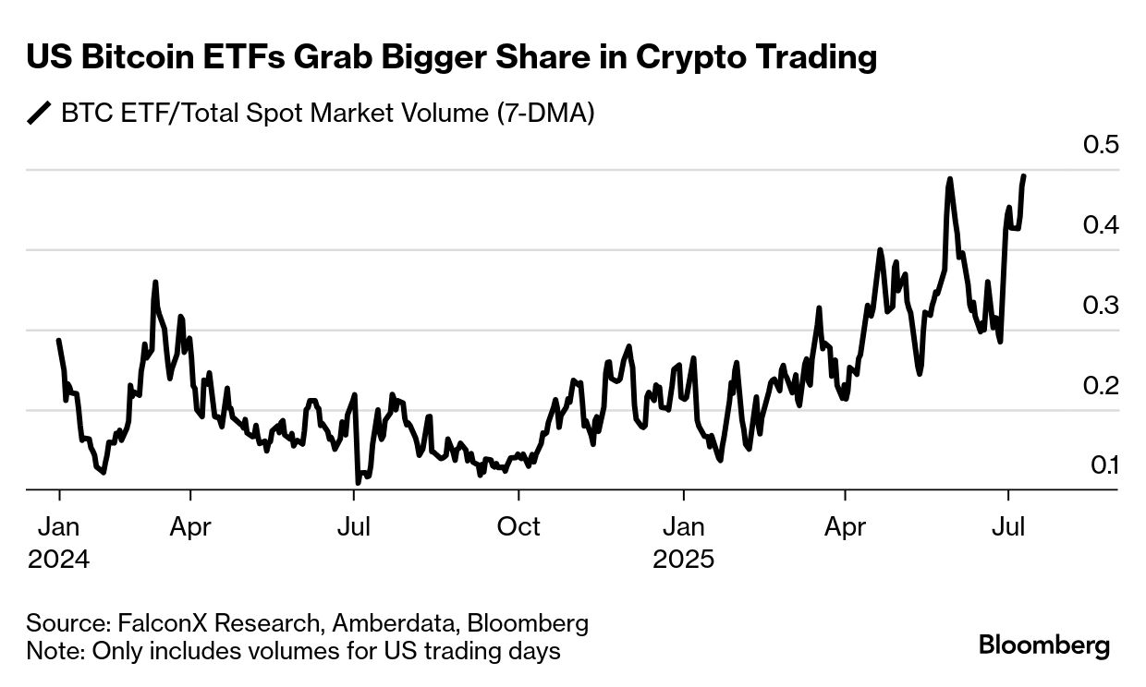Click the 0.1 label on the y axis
tap(1103, 465)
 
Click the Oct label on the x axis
tap(518, 526)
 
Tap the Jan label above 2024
tap(58, 526)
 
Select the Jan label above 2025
tap(684, 526)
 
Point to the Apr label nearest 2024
tap(190, 526)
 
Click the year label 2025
tap(684, 560)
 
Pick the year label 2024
tap(58, 560)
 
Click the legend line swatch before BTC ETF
tap(40, 114)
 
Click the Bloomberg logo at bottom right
tap(1044, 644)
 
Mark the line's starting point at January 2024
tap(58, 341)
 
